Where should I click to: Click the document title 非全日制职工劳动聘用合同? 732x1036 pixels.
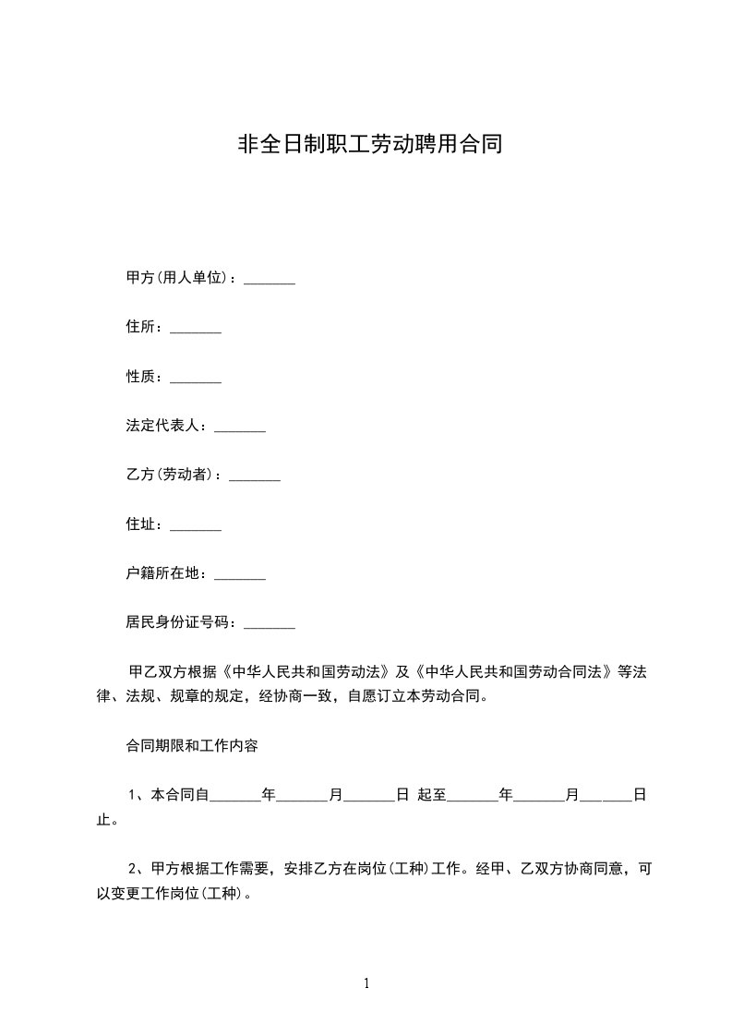click(x=370, y=145)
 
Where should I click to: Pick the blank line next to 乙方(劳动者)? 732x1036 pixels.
click(x=254, y=478)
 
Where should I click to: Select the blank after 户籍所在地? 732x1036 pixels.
click(x=239, y=577)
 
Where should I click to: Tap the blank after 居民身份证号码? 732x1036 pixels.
click(x=269, y=627)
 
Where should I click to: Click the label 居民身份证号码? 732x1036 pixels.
click(x=181, y=623)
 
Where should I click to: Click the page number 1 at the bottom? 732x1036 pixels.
click(x=366, y=983)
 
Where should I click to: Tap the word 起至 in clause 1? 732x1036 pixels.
click(x=431, y=794)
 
